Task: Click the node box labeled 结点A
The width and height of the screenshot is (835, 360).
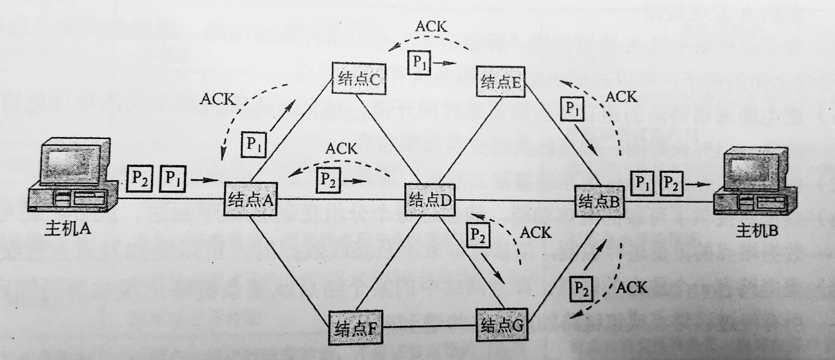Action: [249, 200]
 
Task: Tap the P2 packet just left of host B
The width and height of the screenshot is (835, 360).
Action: [670, 182]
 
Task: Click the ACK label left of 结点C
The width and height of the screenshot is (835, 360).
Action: [217, 98]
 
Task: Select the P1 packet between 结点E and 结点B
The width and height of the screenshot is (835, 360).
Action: [570, 109]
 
